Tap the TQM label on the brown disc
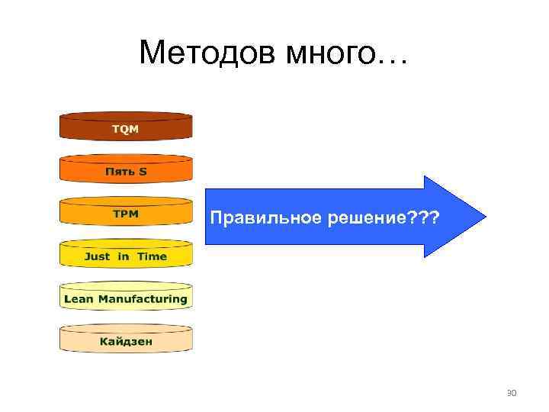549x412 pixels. (126, 129)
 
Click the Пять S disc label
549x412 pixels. (126, 172)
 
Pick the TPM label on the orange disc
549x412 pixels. (126, 214)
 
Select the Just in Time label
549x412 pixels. (126, 256)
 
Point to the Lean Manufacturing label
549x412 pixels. (126, 299)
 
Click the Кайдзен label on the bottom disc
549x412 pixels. (126, 341)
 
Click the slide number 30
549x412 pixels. (512, 394)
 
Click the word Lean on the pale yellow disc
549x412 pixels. (79, 299)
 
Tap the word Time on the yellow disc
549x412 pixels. (152, 256)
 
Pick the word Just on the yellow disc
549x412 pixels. (97, 256)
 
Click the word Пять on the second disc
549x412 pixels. (118, 172)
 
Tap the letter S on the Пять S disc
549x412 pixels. (143, 172)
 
